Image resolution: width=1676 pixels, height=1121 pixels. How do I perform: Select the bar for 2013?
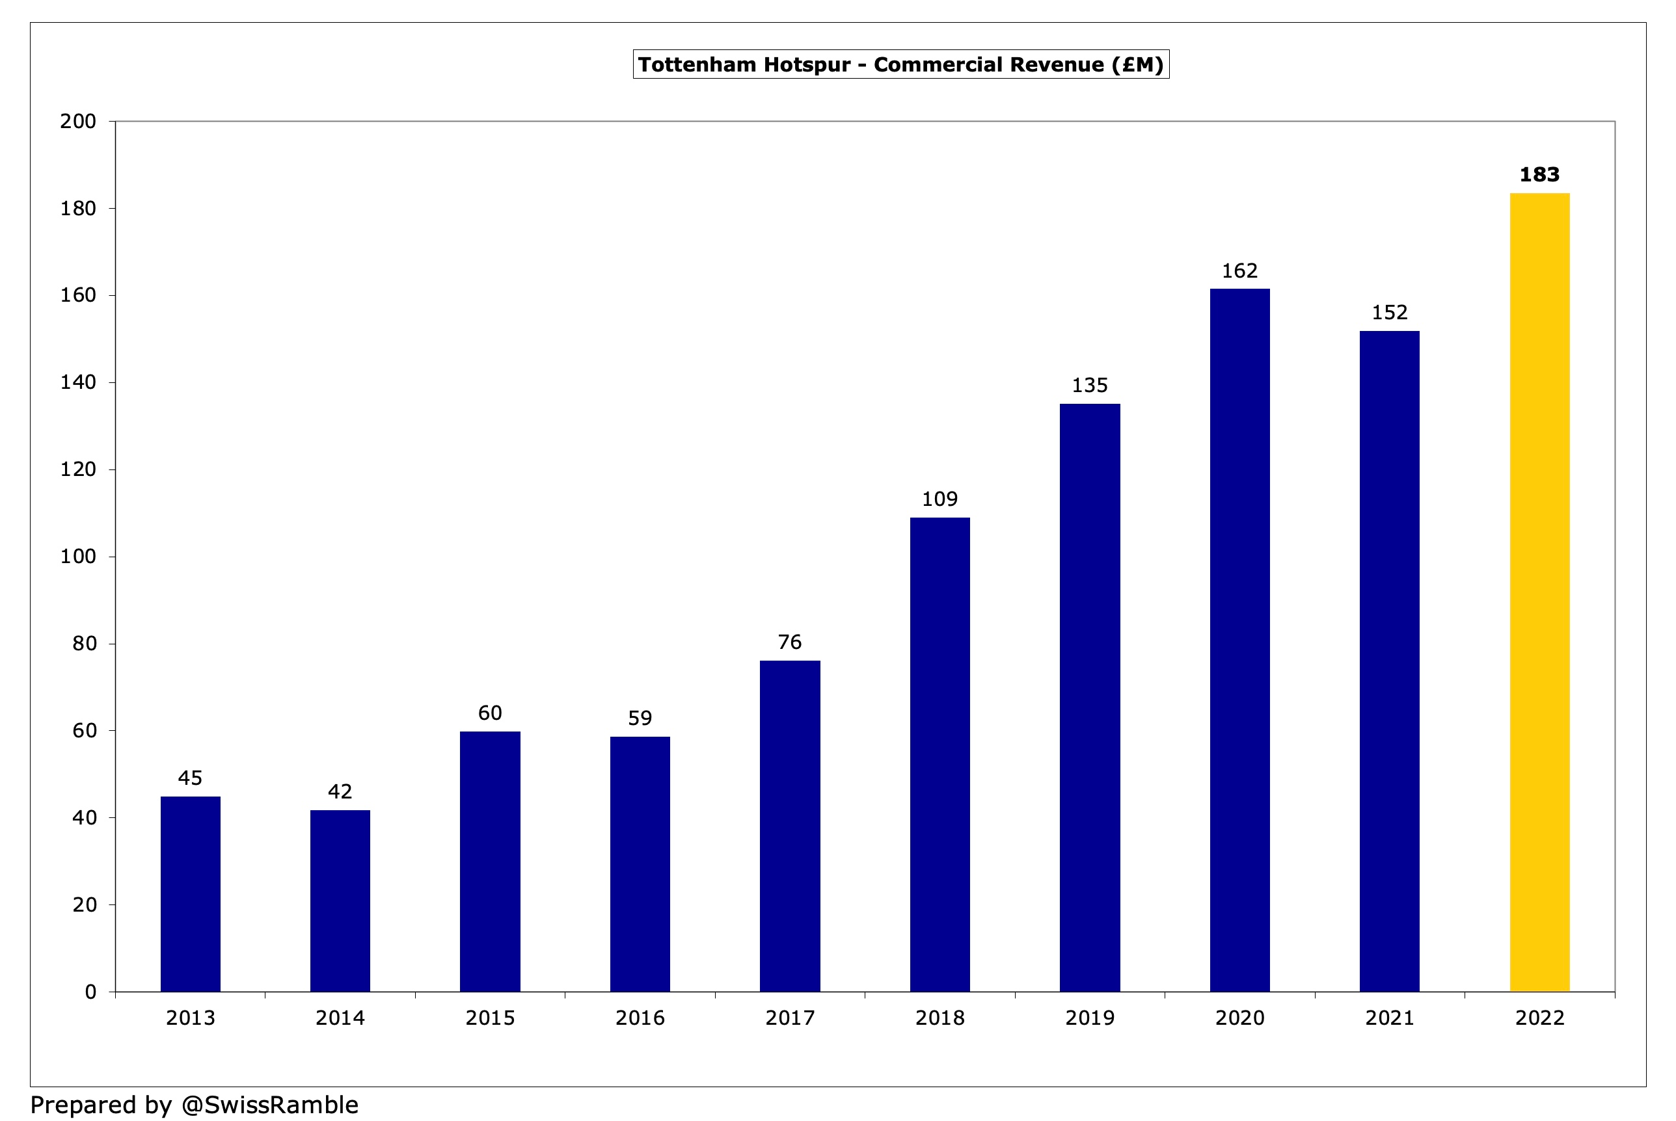[190, 893]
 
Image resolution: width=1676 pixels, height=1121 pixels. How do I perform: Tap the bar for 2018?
[939, 754]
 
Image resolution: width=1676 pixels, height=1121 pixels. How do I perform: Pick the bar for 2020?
[1239, 640]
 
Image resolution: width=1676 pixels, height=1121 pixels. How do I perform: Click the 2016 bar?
[640, 864]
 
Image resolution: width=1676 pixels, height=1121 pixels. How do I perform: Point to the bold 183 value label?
[1539, 174]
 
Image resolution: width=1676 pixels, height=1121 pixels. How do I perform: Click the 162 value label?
[1239, 271]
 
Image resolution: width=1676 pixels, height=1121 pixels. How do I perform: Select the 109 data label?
[939, 499]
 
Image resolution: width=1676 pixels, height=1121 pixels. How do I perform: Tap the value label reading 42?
[340, 791]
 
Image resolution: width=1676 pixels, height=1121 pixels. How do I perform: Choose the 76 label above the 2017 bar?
[790, 642]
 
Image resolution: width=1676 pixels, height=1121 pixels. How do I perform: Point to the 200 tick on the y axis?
[78, 122]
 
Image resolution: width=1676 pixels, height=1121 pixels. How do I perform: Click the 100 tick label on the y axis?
[78, 556]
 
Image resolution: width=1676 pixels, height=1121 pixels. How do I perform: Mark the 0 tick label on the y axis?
[90, 992]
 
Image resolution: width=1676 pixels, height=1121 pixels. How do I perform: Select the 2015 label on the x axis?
[490, 1018]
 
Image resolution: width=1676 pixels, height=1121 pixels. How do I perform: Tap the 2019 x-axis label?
[1089, 1018]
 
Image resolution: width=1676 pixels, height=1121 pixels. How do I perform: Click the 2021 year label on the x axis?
[1389, 1018]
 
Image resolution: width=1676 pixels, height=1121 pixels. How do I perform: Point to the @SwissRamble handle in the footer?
[269, 1105]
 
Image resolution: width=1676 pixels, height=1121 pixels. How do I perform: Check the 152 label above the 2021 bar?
[1389, 312]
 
